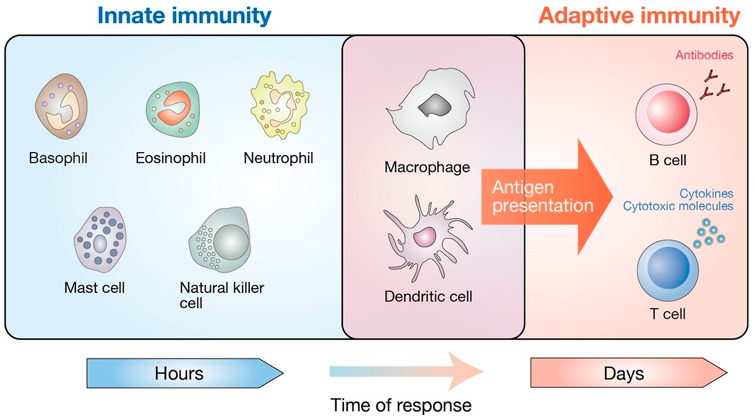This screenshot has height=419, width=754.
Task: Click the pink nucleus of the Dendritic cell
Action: tap(424, 237)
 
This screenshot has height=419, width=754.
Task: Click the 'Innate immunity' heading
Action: tap(184, 16)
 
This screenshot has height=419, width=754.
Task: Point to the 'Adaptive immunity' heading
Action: tap(639, 16)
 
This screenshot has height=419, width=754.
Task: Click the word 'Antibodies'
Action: tap(704, 55)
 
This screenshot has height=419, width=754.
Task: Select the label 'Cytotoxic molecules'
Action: tap(678, 206)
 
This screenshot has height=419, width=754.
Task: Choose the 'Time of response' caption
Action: tap(401, 405)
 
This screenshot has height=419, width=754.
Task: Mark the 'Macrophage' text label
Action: tap(427, 167)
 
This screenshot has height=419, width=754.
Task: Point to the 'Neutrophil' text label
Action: tap(278, 158)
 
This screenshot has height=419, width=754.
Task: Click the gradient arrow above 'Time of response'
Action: tap(406, 371)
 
